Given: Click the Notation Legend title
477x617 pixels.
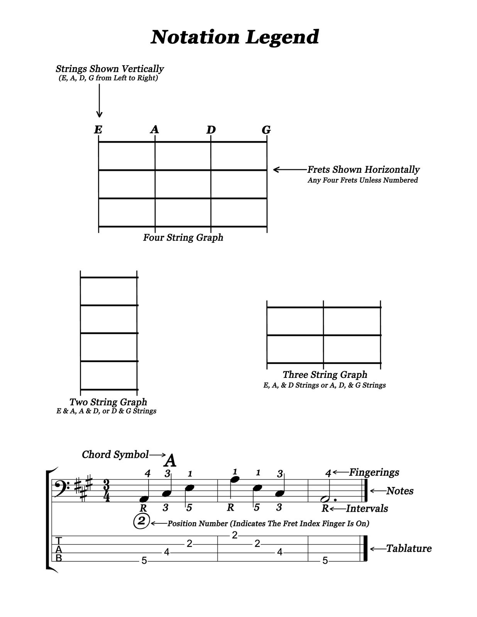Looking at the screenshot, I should (235, 37).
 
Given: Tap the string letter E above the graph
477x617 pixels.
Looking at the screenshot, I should (98, 130).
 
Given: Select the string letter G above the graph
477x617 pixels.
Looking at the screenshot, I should (266, 130).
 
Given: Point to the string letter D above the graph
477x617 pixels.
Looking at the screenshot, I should (211, 130).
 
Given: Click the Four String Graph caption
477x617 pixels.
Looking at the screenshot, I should (183, 238).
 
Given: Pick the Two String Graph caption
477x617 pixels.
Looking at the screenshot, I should (108, 402).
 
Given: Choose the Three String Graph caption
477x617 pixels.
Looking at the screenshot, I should (325, 374).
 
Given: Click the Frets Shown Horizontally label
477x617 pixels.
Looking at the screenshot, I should (363, 170).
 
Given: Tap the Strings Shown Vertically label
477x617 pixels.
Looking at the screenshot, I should (110, 69).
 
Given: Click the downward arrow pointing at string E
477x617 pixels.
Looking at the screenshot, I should (99, 100).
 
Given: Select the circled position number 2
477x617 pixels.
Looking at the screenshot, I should (142, 521).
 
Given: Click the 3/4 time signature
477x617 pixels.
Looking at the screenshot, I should (107, 491).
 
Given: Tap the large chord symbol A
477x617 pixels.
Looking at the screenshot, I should (170, 460).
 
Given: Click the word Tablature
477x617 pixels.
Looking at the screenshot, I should (409, 548).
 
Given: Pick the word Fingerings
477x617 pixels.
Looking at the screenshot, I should (374, 472).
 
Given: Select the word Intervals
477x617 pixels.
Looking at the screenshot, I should (367, 508).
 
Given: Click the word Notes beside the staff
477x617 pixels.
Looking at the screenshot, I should (400, 491).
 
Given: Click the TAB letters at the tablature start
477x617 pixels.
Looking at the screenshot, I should (59, 549).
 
